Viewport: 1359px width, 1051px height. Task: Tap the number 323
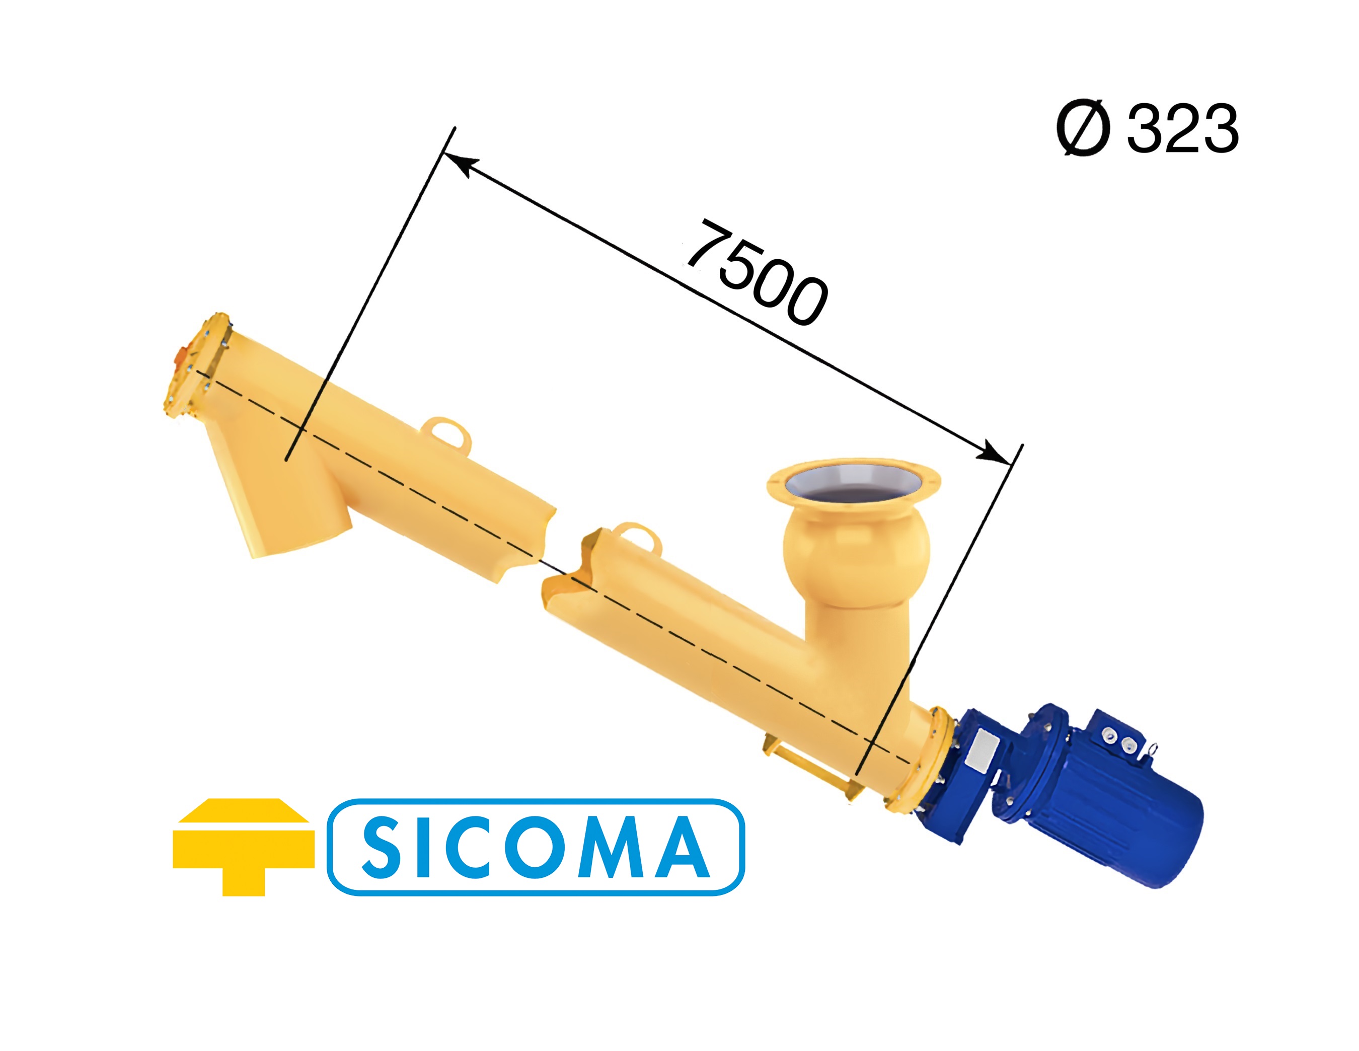[x=1182, y=128]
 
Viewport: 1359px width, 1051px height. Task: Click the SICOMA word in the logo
[x=535, y=848]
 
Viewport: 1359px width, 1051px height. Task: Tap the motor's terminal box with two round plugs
[x=1120, y=737]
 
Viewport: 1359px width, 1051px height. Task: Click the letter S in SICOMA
[x=382, y=848]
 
